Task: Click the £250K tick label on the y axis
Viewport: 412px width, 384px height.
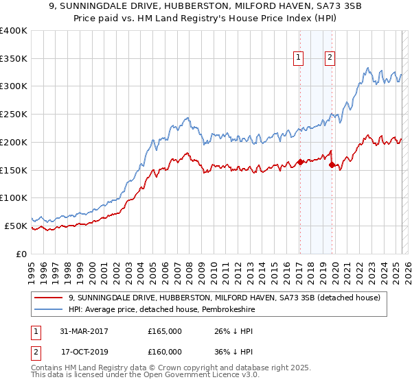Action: click(14, 114)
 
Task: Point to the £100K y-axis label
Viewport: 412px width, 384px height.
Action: click(14, 197)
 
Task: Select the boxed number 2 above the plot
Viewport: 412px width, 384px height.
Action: click(330, 58)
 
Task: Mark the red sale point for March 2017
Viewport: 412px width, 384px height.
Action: click(300, 163)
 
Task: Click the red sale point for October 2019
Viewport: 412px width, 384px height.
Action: click(331, 165)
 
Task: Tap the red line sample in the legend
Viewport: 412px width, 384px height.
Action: click(49, 298)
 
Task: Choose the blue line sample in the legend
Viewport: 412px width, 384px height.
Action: click(49, 309)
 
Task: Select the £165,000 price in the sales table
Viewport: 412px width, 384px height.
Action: click(165, 331)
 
